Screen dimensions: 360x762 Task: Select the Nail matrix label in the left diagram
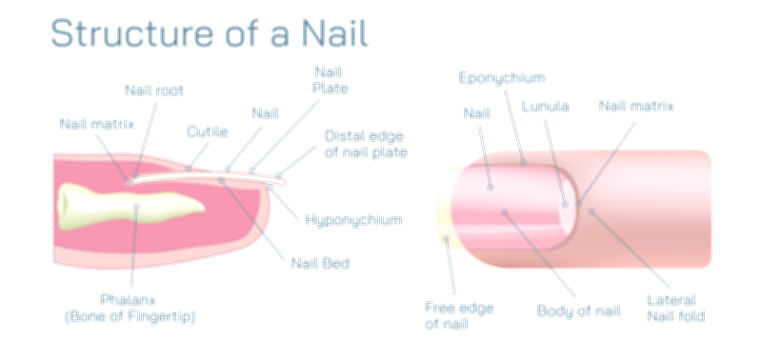(97, 124)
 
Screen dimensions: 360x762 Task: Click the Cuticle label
(206, 131)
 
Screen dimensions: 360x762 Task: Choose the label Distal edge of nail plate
(366, 143)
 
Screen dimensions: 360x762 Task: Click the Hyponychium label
(352, 220)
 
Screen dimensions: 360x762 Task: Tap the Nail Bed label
(319, 262)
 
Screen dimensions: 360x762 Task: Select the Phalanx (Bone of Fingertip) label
(130, 307)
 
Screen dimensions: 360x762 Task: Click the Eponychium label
(502, 76)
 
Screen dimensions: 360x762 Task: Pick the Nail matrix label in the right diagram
(635, 106)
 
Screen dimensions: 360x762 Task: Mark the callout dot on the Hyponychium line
(270, 189)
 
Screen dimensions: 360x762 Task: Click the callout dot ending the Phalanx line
(137, 207)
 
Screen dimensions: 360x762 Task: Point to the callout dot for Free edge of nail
(446, 239)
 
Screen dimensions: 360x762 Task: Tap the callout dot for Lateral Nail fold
(592, 211)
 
